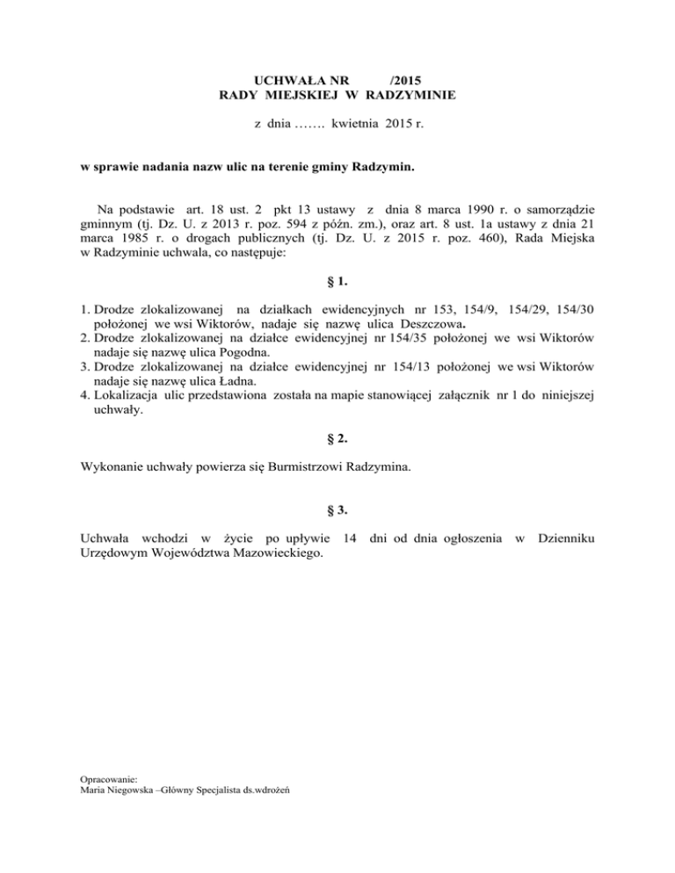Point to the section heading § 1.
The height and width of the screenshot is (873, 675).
coord(337,283)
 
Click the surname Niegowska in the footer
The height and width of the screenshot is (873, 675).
coord(132,790)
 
